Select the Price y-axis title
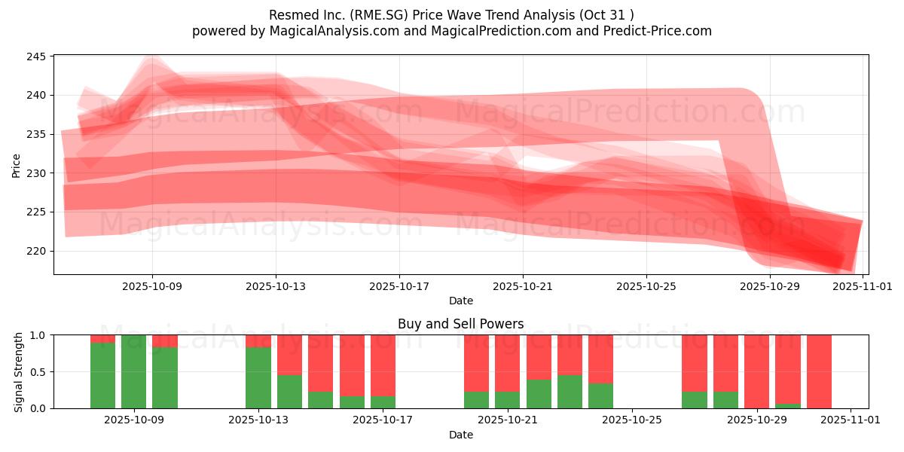pyautogui.click(x=17, y=166)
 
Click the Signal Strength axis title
pyautogui.click(x=19, y=371)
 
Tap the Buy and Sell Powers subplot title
pyautogui.click(x=460, y=324)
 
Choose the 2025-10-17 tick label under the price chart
pyautogui.click(x=399, y=286)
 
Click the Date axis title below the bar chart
pyautogui.click(x=460, y=435)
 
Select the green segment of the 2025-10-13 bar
pyautogui.click(x=258, y=377)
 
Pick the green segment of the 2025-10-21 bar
pyautogui.click(x=507, y=400)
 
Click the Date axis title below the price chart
pyautogui.click(x=460, y=301)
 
